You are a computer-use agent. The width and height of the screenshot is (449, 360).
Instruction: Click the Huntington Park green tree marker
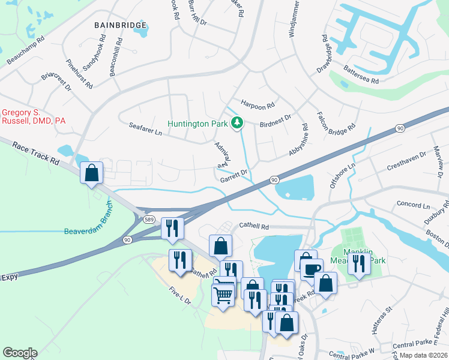238,123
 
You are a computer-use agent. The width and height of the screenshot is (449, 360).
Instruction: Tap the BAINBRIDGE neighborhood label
121,26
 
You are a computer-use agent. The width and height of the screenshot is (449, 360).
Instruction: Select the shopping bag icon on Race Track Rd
92,173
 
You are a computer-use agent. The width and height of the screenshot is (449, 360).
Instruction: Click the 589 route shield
150,220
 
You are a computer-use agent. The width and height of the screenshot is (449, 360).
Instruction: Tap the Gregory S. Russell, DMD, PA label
33,116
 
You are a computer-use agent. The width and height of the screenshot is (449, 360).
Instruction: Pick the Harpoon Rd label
258,104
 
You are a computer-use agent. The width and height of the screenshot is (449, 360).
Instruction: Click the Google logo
20,353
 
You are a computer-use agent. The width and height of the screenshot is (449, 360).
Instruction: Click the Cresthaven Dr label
406,163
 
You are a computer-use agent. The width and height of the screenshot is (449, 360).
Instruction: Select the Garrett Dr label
234,175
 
